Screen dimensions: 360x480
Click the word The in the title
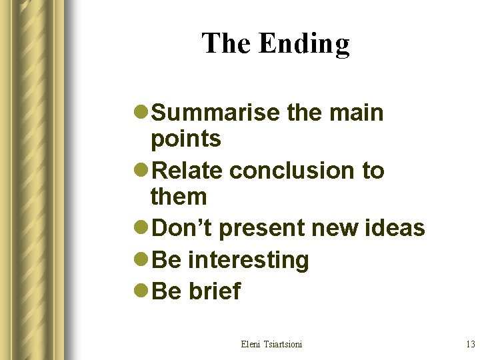(x=227, y=43)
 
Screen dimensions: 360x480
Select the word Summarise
(x=216, y=113)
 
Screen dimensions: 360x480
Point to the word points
(x=186, y=139)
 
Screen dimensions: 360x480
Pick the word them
(x=179, y=197)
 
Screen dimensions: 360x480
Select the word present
(x=261, y=228)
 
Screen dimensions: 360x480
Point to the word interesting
(x=249, y=260)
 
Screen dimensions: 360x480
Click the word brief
(x=215, y=291)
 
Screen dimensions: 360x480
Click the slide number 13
(x=470, y=344)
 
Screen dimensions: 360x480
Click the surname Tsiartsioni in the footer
(x=283, y=344)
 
